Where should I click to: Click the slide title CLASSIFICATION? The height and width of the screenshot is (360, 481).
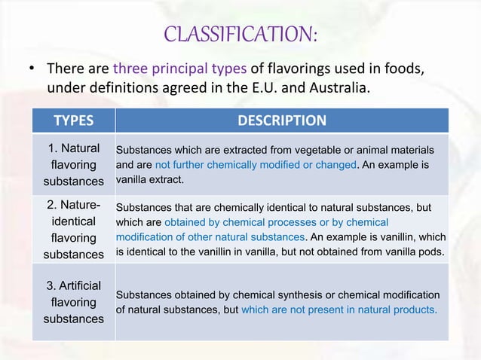[x=240, y=34]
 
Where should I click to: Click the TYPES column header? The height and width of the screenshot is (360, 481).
[x=73, y=121]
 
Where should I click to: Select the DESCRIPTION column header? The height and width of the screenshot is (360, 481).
[x=282, y=121]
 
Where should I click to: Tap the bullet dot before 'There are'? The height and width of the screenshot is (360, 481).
[x=32, y=69]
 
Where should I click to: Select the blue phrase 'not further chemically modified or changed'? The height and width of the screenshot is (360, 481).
[x=255, y=164]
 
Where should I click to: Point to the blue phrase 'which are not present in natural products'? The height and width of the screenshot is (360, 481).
[x=339, y=309]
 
